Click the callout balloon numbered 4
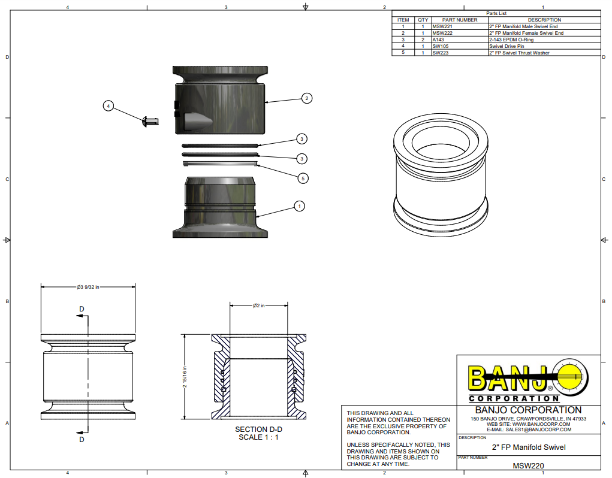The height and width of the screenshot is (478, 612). (108, 106)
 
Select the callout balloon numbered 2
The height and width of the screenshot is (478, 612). (306, 98)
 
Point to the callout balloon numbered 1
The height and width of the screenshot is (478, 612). (299, 206)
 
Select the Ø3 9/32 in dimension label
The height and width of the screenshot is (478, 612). (88, 287)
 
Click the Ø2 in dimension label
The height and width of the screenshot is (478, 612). (258, 305)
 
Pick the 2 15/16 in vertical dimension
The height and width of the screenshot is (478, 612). (185, 377)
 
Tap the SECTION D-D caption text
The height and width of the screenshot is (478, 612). (258, 429)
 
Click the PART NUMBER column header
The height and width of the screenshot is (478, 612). (459, 20)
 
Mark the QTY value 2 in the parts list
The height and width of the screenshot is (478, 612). (423, 40)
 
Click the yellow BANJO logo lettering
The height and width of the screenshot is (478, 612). (507, 379)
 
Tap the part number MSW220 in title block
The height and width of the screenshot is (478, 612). (528, 465)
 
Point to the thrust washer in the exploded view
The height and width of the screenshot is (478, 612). (221, 162)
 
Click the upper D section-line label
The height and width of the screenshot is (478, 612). (82, 309)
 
